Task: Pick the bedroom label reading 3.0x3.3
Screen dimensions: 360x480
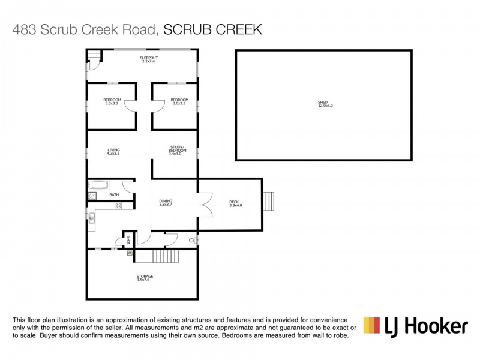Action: pyautogui.click(x=179, y=101)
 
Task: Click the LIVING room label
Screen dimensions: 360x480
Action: pyautogui.click(x=113, y=151)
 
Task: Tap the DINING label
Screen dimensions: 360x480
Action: pyautogui.click(x=166, y=203)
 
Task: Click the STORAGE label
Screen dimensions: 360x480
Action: pyautogui.click(x=144, y=278)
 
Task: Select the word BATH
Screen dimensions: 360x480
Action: pyautogui.click(x=114, y=195)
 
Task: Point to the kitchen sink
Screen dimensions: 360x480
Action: pyautogui.click(x=91, y=218)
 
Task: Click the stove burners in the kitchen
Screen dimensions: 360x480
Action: pyautogui.click(x=118, y=206)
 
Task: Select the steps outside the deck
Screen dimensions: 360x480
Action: pyautogui.click(x=269, y=200)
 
